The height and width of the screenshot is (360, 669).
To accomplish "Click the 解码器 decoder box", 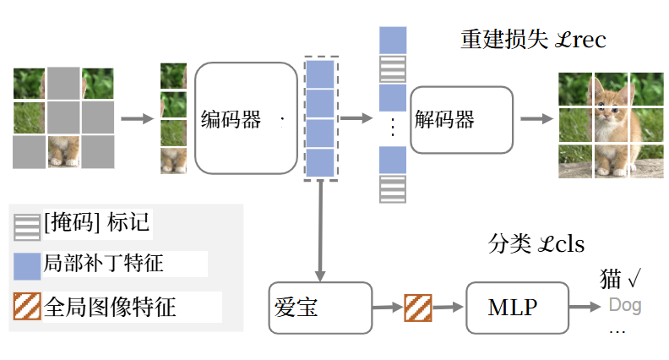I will pos(461,119).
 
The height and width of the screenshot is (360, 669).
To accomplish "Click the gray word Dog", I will pos(625,305).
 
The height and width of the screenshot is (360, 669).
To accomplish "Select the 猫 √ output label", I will pos(622,279).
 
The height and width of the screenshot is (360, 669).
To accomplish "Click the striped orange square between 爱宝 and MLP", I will pos(418,308).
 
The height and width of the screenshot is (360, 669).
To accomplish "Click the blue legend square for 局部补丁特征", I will pos(27,264).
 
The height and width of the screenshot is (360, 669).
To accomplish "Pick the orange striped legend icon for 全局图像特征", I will pos(27,305).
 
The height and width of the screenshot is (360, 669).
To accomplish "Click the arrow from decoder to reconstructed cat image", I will pos(531,118).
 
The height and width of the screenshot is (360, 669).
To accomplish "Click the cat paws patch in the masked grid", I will pos(63,151).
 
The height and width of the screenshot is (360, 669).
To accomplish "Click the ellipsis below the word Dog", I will pos(617,331).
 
